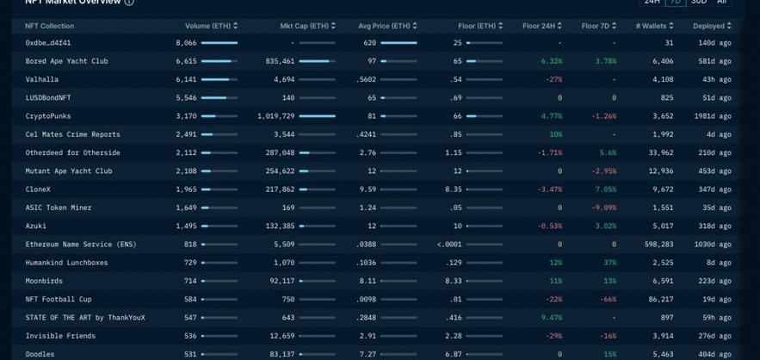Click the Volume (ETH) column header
[208, 26]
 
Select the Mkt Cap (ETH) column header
[304, 26]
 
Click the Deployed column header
[708, 26]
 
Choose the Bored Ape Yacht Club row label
[66, 61]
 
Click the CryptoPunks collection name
[49, 116]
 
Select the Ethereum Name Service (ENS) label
[81, 245]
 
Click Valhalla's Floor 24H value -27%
[553, 79]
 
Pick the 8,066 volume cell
[186, 42]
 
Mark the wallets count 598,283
[657, 245]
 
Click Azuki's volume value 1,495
[186, 226]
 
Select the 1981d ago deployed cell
[713, 116]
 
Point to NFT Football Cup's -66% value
[608, 299]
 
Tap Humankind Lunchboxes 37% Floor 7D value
[609, 263]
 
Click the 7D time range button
[676, 3]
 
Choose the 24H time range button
[652, 3]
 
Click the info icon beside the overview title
[129, 3]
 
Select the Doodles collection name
[40, 354]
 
